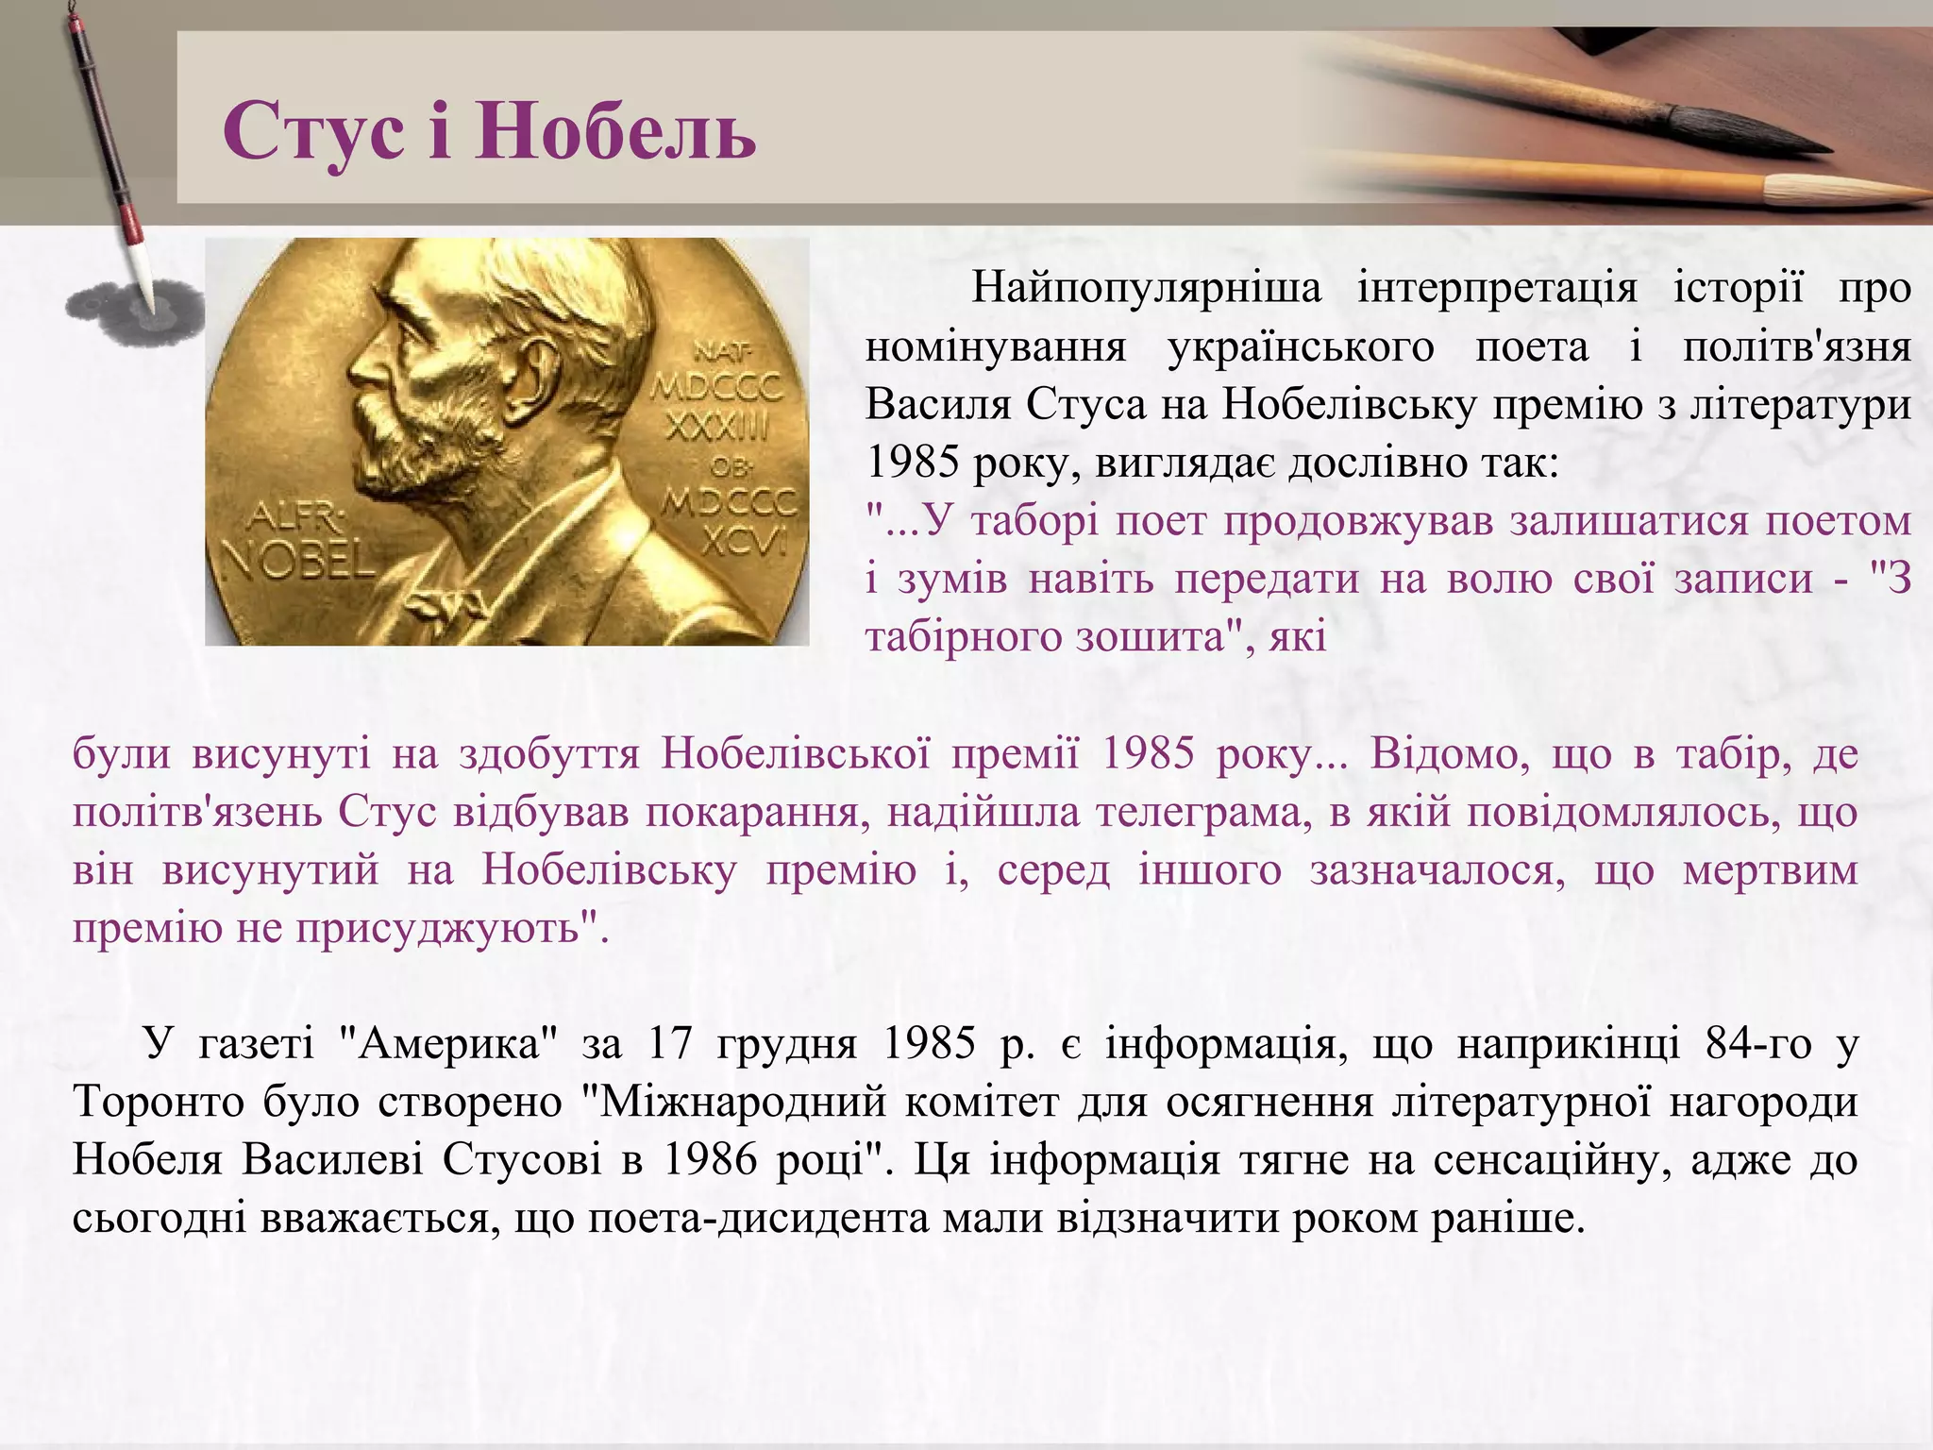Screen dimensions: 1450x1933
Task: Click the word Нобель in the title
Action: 615,132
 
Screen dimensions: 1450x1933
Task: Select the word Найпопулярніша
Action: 1146,287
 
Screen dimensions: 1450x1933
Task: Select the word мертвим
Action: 1770,869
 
